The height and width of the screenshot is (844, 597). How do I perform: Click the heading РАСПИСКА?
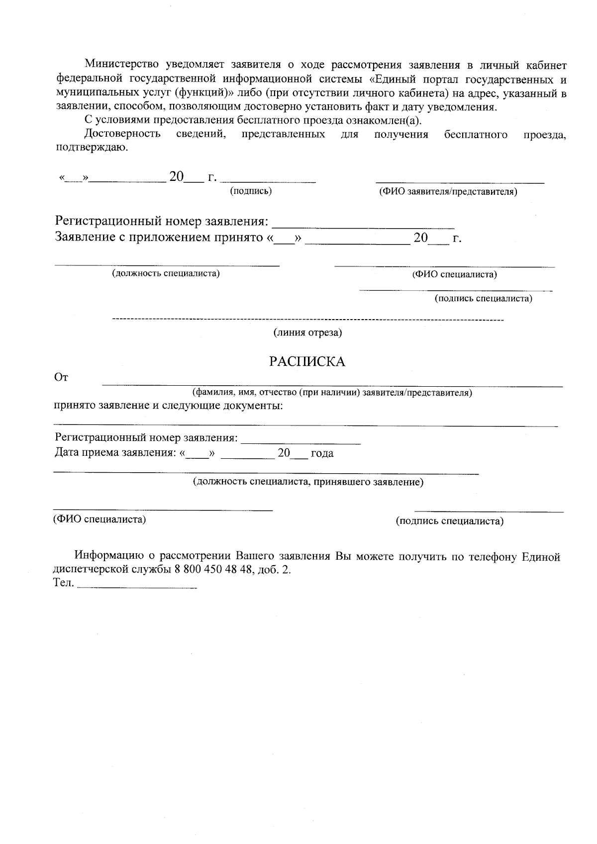pos(307,361)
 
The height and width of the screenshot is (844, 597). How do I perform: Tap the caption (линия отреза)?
pos(307,333)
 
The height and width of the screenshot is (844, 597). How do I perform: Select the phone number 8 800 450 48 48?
pos(212,570)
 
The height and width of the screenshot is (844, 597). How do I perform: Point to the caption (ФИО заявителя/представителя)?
pos(448,191)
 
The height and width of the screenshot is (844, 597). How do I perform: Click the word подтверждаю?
pos(92,148)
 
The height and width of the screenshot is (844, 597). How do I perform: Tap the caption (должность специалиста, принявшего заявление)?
pos(308,482)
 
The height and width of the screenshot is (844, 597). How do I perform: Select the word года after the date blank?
pos(322,453)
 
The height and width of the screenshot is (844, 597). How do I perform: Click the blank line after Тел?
pos(138,587)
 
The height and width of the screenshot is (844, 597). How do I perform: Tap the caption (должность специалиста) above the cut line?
pos(166,273)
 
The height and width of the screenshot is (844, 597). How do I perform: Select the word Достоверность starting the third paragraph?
pos(122,134)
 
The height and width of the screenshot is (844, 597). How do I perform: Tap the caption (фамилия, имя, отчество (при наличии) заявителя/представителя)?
pos(332,393)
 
